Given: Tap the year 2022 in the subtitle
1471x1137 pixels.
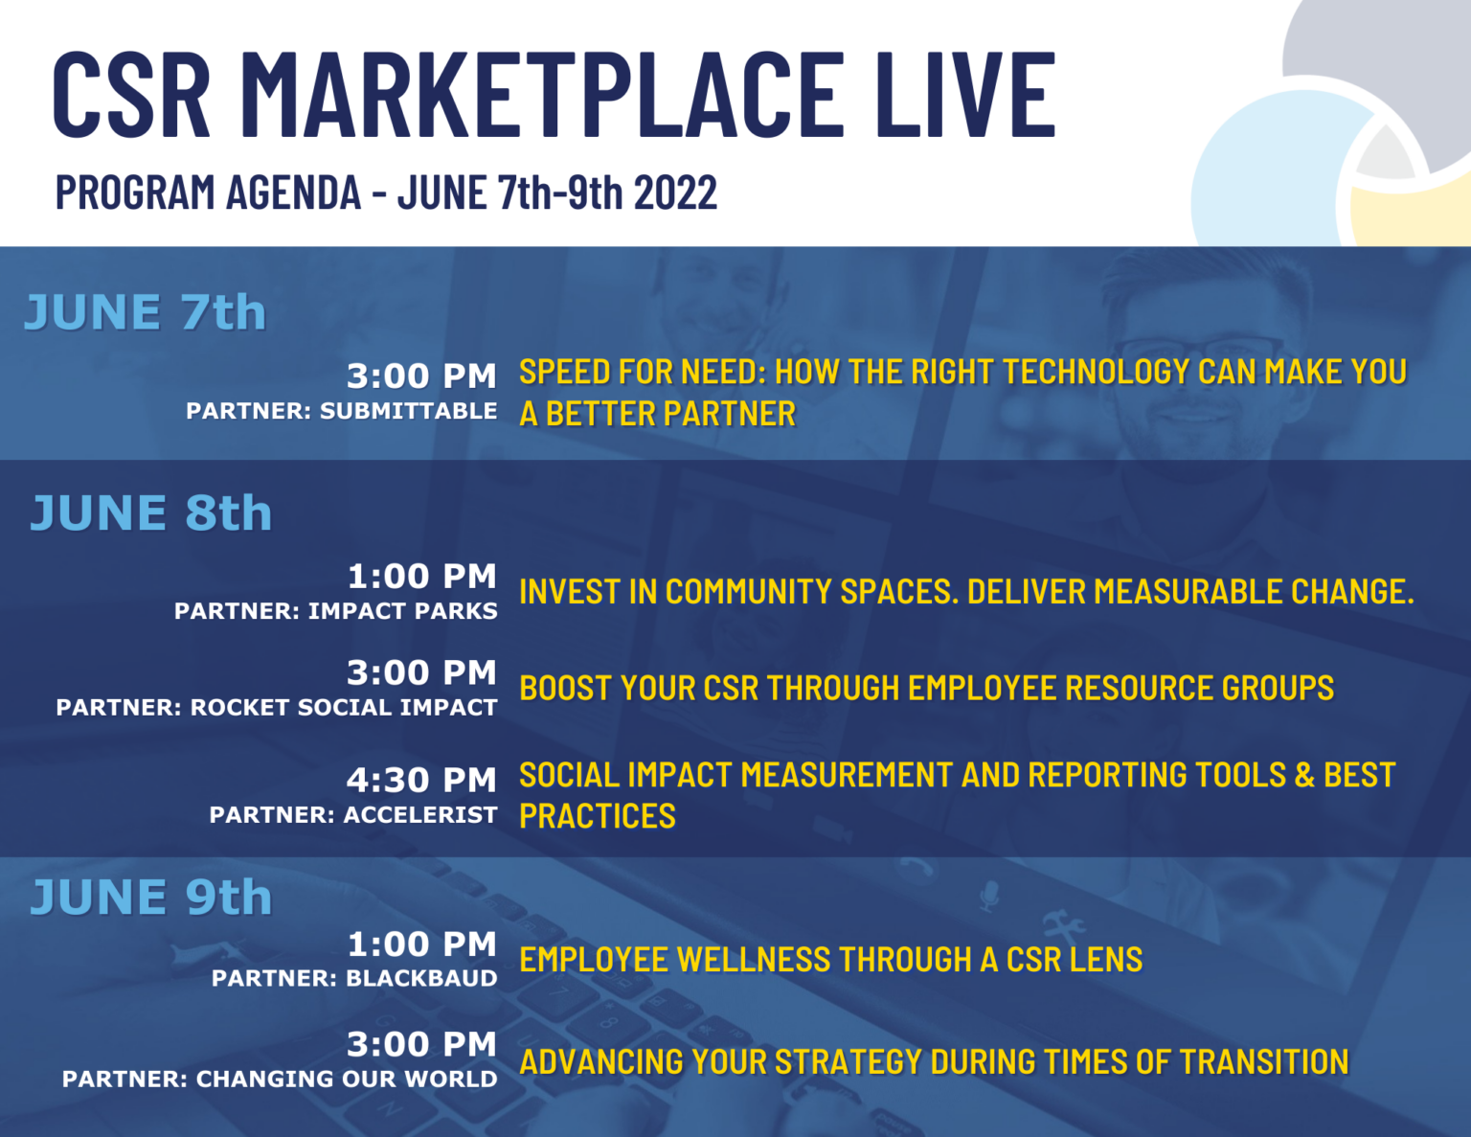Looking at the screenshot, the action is point(675,193).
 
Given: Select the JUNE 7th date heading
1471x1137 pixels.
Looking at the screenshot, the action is point(145,312).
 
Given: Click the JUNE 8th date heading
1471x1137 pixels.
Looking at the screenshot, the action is point(151,513).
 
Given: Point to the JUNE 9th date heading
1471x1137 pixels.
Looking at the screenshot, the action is point(151,898).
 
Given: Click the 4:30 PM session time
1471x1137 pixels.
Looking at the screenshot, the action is point(421,780).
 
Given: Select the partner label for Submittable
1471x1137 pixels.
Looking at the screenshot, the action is point(342,411).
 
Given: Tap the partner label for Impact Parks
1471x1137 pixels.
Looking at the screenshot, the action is point(336,611).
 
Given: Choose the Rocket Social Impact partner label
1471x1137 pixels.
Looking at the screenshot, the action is point(277,707).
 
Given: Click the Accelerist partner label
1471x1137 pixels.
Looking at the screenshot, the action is point(353,815).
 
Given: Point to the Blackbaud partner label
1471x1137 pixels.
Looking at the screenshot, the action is point(354,978).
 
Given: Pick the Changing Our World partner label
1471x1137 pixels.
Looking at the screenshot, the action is point(280,1079).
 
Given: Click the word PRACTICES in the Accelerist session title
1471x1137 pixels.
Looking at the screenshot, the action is point(597,816).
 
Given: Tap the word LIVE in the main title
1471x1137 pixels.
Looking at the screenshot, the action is point(968,95).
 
